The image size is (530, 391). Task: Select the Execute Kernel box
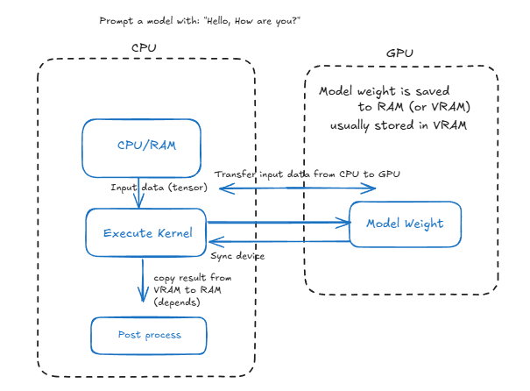point(145,232)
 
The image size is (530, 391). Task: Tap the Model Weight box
point(405,224)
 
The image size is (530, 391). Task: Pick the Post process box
point(149,335)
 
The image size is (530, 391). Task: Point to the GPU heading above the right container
point(399,53)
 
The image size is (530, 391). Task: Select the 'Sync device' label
point(237,255)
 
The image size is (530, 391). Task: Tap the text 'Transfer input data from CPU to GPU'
point(307,174)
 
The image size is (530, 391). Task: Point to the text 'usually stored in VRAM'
point(398,124)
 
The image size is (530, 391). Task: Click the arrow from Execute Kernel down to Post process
point(143,281)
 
